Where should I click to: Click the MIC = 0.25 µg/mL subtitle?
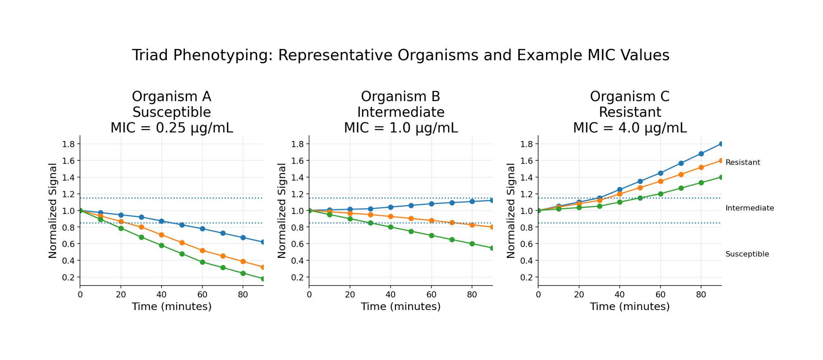[172, 128]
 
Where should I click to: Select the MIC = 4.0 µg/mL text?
[629, 128]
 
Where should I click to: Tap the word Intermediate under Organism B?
[400, 112]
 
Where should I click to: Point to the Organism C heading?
[629, 96]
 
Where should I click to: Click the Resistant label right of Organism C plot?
[742, 163]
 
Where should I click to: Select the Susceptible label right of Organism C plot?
[747, 254]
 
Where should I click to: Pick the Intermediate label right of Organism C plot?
[749, 208]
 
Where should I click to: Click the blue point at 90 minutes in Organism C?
[721, 144]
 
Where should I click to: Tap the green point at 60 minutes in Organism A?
[202, 262]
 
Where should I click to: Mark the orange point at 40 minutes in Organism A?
[162, 235]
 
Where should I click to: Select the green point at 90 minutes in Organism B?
[492, 248]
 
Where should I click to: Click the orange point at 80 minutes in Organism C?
[701, 167]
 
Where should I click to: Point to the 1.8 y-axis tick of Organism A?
[68, 144]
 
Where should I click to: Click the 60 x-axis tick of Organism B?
[431, 295]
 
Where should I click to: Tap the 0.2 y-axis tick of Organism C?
[526, 277]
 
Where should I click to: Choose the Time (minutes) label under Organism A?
[172, 306]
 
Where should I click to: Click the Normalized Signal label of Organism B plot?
[282, 210]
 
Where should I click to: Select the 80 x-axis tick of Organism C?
[701, 295]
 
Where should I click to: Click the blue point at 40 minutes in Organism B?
[391, 207]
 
